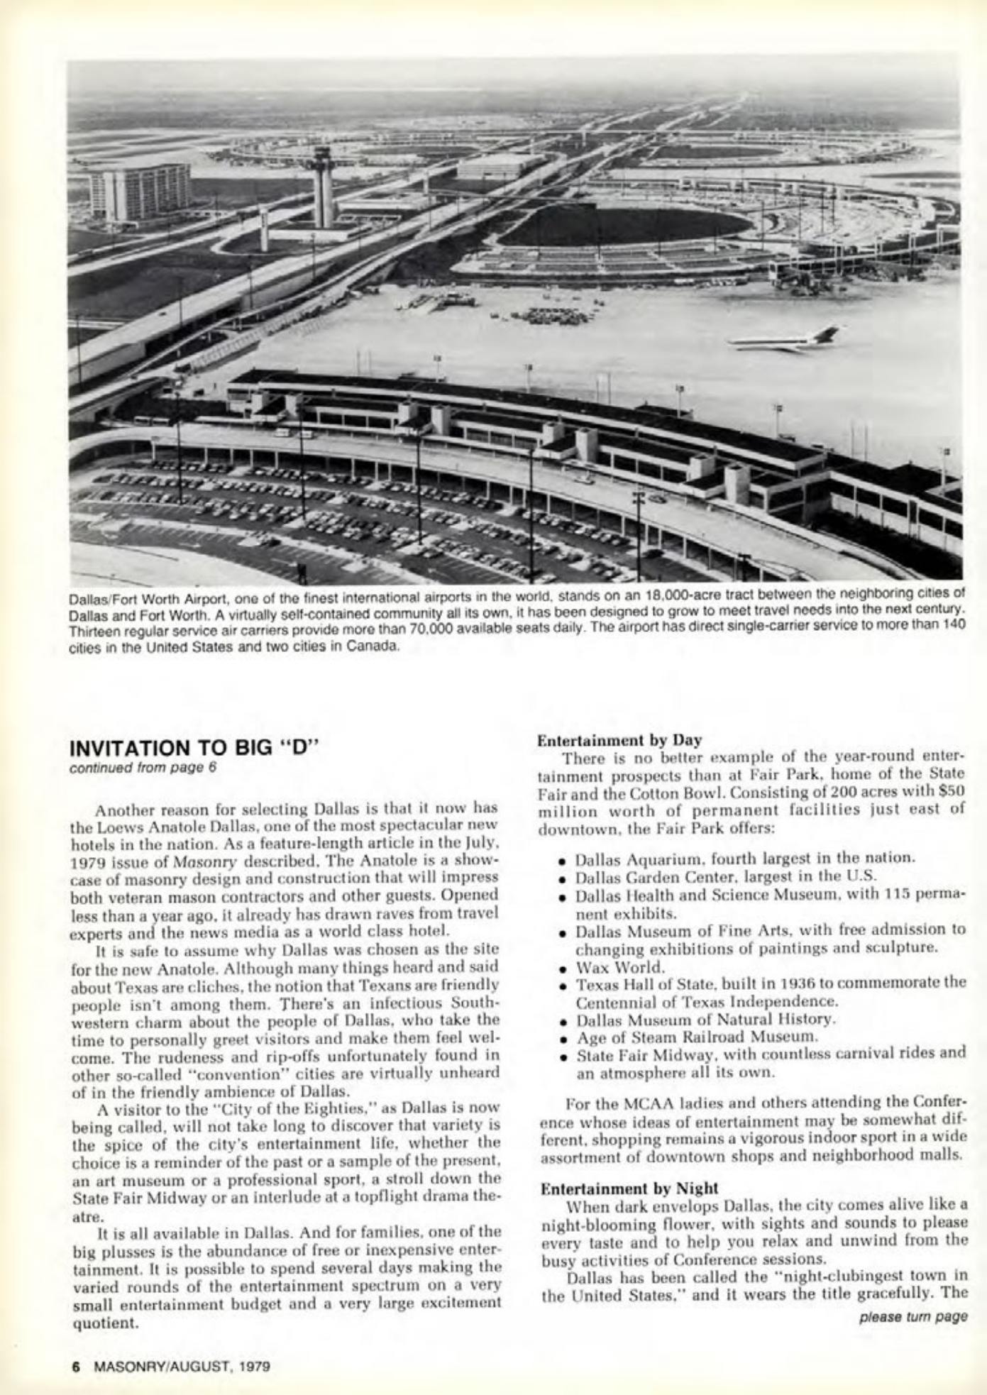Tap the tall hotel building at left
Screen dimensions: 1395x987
139,193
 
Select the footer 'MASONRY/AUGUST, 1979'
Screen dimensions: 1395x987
182,1364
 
